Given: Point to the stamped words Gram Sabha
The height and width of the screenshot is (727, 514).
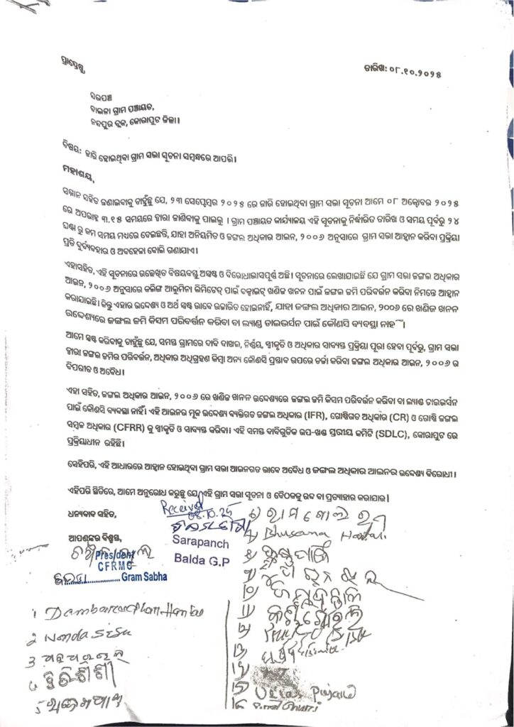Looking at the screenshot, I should coord(143,577).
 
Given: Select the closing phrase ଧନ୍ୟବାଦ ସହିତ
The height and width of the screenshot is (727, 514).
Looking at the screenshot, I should coord(86,513).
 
